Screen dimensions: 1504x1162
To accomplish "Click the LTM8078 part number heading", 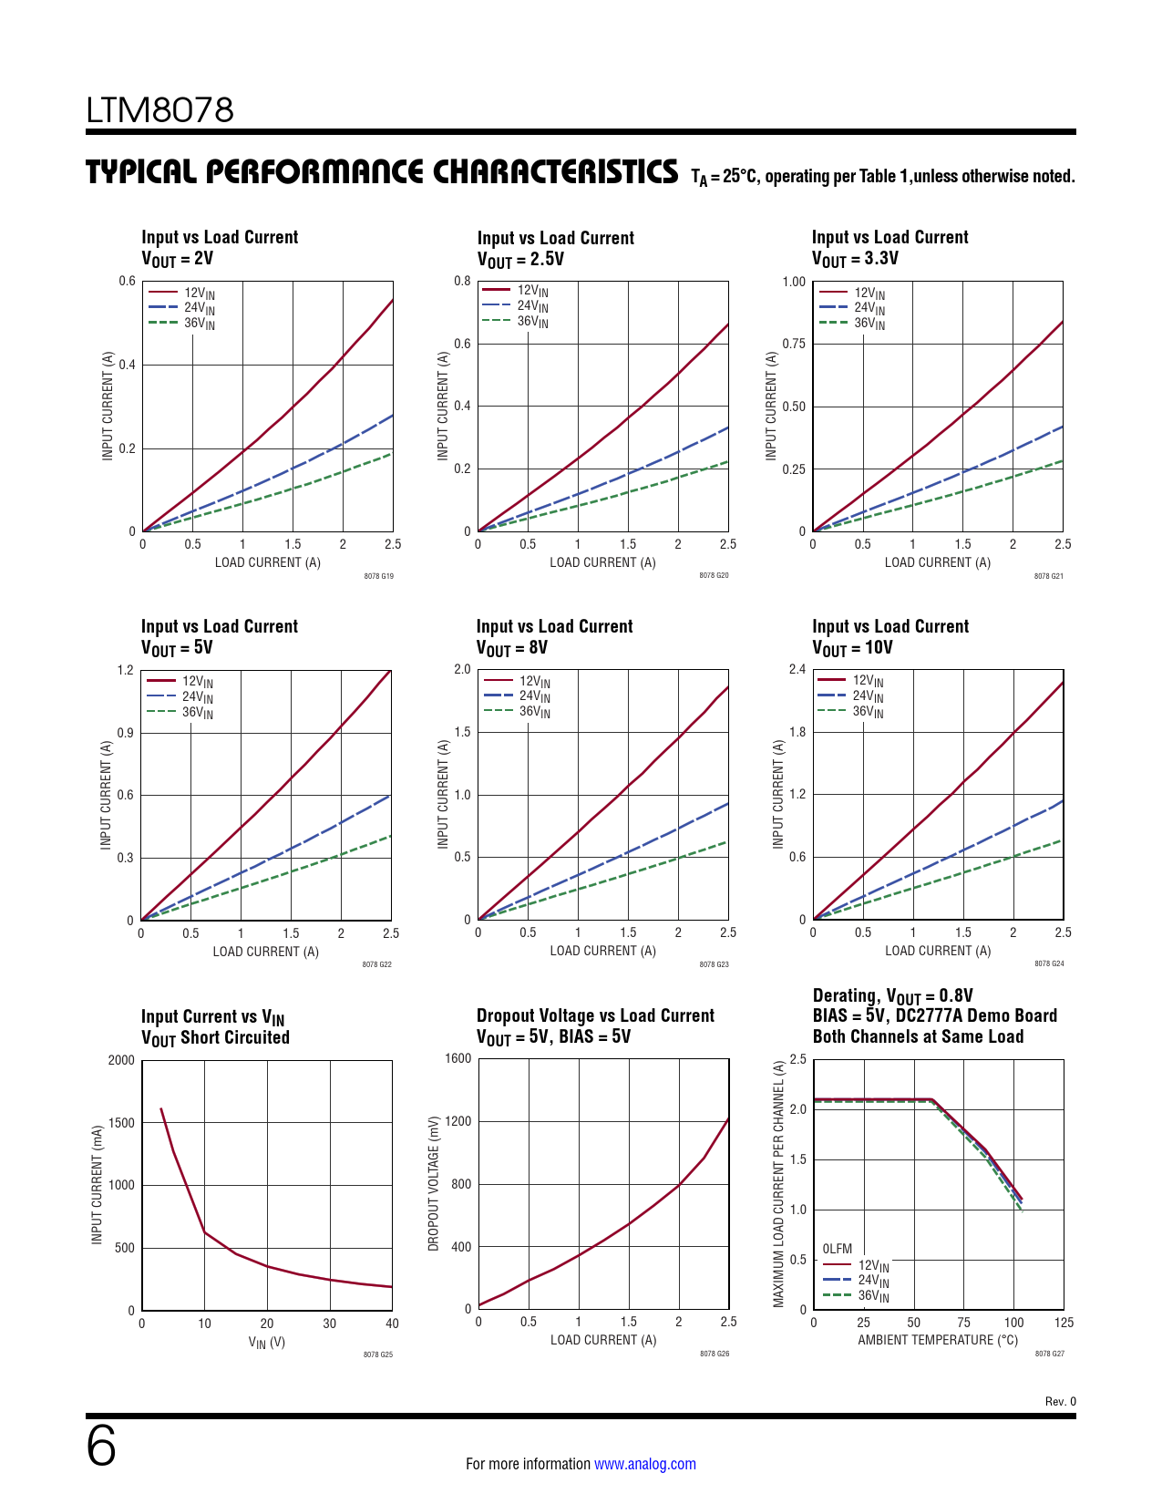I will [160, 110].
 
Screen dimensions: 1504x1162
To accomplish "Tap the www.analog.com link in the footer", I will [644, 1464].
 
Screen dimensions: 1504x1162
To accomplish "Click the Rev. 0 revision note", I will [1060, 1402].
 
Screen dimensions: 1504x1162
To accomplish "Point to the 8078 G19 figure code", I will [378, 576].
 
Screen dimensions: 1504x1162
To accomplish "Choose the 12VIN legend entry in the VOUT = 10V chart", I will [868, 681].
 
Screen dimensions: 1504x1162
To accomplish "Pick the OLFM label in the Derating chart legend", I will [838, 1249].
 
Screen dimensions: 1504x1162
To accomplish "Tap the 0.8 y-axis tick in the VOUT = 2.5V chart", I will [463, 281].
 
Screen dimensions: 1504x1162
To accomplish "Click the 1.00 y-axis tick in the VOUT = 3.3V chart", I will [794, 282].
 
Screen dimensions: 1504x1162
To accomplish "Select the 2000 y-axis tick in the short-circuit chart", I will [121, 1060].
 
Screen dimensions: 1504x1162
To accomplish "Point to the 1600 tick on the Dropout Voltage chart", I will [458, 1058].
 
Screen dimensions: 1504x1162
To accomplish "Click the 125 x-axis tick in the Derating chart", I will [1064, 1323].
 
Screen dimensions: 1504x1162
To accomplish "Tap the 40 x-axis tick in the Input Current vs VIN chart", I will [392, 1324].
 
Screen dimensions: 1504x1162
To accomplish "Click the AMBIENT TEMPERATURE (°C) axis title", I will [938, 1340].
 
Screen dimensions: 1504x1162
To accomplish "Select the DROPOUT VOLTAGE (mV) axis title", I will [434, 1183].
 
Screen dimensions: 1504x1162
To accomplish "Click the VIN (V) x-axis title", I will [267, 1342].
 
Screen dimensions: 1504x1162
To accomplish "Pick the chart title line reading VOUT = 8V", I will [512, 648].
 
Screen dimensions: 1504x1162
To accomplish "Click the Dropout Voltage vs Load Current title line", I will [595, 1015].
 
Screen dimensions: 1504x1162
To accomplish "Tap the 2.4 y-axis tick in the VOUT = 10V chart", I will [797, 670].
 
